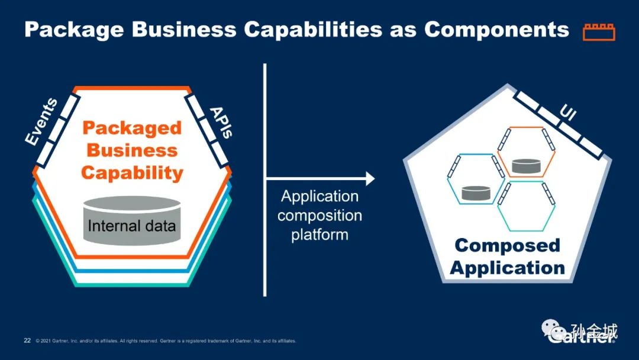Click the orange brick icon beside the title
(x=599, y=31)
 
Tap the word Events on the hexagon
(x=41, y=121)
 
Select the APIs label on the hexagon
(x=220, y=121)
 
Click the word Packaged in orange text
(x=132, y=127)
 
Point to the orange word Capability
(x=132, y=173)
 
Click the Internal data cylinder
(x=131, y=221)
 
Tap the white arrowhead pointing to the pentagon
(x=370, y=178)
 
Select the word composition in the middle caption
(x=319, y=215)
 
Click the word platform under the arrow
(x=319, y=234)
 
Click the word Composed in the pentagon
(x=506, y=245)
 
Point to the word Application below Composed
(x=507, y=267)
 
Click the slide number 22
(x=27, y=340)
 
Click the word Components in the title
(x=496, y=30)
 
